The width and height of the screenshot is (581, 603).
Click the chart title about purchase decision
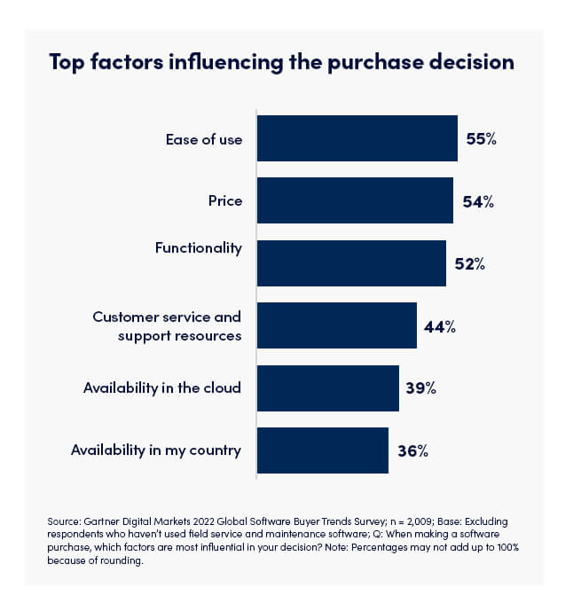pos(282,63)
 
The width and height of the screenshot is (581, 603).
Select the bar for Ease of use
pos(357,138)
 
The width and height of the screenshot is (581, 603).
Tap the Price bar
pos(355,200)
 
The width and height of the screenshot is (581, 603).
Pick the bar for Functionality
pos(351,263)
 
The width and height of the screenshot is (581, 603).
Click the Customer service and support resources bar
pos(336,325)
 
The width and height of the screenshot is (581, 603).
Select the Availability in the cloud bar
pos(327,388)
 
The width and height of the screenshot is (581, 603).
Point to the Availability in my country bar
pos(322,450)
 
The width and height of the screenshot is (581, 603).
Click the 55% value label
pos(482,139)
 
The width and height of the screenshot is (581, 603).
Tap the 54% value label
pos(477,201)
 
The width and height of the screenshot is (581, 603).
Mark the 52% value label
pos(470,264)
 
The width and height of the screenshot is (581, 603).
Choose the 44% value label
pos(440,326)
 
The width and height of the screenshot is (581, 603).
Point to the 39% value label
pos(422,388)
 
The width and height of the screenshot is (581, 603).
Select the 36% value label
pos(412,450)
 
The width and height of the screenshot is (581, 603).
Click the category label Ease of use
pos(203,139)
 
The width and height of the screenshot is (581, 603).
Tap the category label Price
pos(224,201)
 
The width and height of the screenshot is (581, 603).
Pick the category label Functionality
pos(198,248)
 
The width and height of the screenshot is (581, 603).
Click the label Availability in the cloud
pos(161,388)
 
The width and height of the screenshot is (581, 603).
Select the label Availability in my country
pos(155,450)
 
